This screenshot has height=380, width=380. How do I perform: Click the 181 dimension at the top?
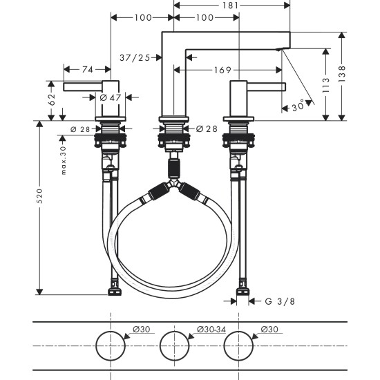coord(231,6)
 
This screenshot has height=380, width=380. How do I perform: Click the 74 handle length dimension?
coord(87,69)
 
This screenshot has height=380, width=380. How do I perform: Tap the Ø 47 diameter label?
coord(110,97)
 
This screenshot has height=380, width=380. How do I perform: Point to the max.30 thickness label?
coord(63,160)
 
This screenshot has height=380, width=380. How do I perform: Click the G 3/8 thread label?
coord(283,301)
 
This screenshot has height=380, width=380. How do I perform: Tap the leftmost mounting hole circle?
coord(111,345)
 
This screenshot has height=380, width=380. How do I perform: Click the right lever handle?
coord(266,86)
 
